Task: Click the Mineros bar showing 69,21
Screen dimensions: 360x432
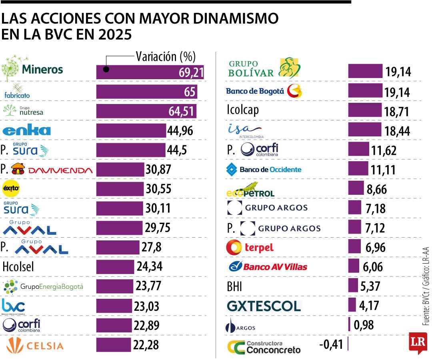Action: (150, 72)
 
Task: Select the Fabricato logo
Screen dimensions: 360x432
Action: (17, 91)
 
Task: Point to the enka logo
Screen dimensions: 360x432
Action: (26, 130)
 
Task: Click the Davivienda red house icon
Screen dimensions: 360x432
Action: (18, 170)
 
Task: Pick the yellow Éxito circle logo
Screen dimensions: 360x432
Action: (11, 189)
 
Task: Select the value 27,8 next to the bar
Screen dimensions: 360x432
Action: (152, 247)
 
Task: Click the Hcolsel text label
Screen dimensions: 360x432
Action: (18, 266)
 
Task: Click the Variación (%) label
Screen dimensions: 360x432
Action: (166, 57)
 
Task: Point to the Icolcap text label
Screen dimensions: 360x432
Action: (242, 110)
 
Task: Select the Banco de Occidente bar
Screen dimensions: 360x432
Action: (358, 169)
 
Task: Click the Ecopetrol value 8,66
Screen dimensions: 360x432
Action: (376, 189)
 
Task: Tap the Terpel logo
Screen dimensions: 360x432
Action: (250, 247)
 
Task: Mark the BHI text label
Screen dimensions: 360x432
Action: (234, 286)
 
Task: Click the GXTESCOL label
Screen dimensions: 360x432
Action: (264, 306)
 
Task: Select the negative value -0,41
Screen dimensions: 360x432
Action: (332, 344)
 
